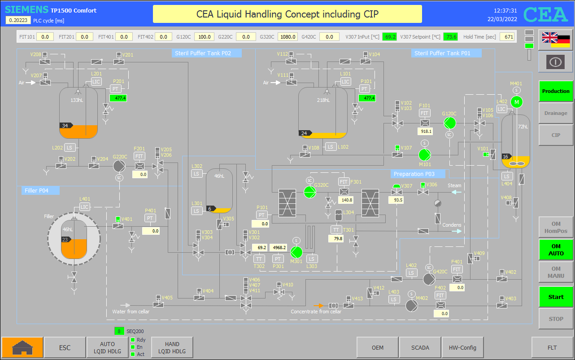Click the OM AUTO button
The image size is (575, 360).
(556, 250)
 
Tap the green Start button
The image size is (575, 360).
(556, 297)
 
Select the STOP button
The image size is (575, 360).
(556, 319)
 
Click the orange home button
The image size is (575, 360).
(22, 347)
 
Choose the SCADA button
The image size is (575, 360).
(420, 347)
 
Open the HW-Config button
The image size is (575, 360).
(462, 347)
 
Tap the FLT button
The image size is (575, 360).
(552, 347)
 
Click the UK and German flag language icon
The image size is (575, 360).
(556, 40)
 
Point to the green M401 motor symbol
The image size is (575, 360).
(517, 102)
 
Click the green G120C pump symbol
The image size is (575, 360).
(450, 123)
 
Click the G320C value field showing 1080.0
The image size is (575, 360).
(288, 37)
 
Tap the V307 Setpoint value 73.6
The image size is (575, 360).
(450, 37)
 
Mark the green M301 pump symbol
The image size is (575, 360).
(296, 252)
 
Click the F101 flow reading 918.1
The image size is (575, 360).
(425, 132)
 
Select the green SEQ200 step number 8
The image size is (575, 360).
(119, 331)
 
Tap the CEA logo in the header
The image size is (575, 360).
(545, 14)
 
